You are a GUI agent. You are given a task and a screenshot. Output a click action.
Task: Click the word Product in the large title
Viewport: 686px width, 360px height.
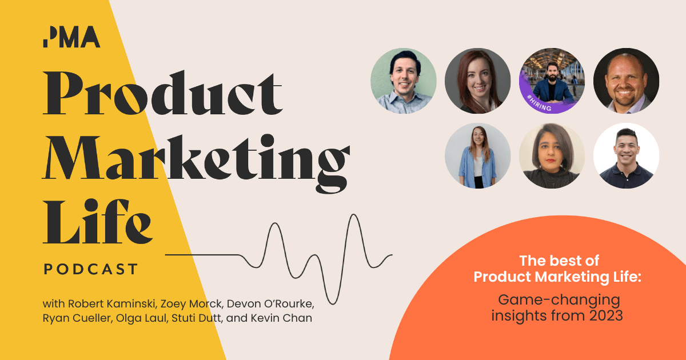point(163,94)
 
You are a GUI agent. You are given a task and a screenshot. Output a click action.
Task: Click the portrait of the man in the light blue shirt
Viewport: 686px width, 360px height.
point(404,81)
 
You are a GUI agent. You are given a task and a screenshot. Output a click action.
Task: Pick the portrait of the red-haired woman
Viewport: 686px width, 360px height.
point(477,81)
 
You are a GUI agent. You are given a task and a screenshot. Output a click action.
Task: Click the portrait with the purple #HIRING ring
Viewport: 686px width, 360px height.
point(552,81)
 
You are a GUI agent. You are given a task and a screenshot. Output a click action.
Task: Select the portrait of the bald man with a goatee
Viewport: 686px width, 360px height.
point(626,81)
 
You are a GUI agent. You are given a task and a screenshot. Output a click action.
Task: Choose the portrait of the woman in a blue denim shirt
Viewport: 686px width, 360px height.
point(477,155)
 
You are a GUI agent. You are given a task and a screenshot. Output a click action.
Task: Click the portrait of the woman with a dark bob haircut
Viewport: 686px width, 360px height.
point(552,155)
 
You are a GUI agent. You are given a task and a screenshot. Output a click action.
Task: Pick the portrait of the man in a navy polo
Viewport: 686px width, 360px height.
point(626,155)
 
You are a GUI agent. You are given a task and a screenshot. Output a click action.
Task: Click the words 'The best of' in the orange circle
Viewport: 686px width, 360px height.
point(559,261)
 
